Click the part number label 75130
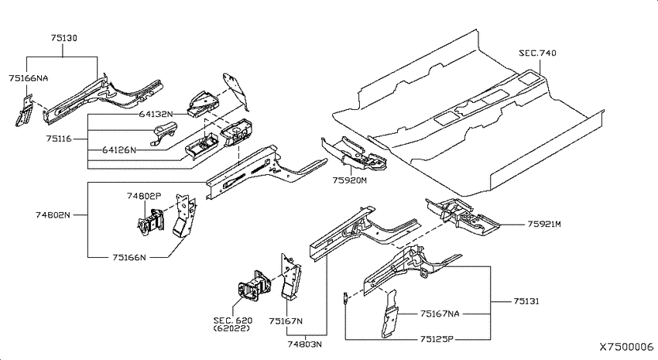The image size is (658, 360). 64,38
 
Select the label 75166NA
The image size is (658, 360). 28,78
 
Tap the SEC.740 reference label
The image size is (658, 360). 537,53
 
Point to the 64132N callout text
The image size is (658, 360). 156,114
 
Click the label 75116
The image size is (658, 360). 59,139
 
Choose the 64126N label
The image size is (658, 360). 119,149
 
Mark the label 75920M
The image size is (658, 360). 350,180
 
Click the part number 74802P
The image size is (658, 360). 144,196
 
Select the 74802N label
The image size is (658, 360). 53,214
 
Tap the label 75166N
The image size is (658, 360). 129,257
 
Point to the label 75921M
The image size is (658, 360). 544,224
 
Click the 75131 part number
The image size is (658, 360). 526,301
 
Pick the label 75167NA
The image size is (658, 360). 440,314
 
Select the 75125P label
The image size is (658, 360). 437,339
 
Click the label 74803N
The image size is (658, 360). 305,344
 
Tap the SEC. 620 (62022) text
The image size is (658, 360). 233,324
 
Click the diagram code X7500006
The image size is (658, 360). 626,347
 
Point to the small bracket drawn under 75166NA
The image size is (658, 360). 23,111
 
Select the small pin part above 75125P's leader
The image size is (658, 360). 345,298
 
